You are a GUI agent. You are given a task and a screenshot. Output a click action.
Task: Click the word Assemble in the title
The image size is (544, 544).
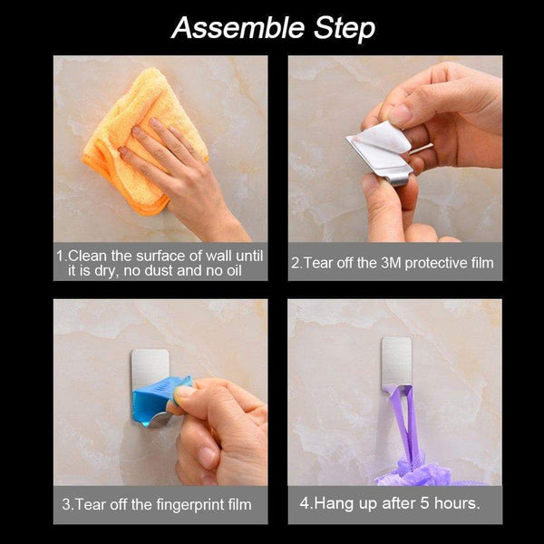coord(238,28)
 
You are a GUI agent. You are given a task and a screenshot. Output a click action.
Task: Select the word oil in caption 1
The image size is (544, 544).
coord(234,270)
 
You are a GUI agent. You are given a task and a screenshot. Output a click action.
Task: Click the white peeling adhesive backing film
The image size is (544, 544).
coord(382,139)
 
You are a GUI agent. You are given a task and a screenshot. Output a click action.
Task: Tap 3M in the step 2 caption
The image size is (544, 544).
coord(392,263)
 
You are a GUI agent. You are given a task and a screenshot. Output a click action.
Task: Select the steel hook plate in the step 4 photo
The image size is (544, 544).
coord(396,364)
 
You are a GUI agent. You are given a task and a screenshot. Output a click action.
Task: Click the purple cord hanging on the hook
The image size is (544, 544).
coord(404,422)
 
